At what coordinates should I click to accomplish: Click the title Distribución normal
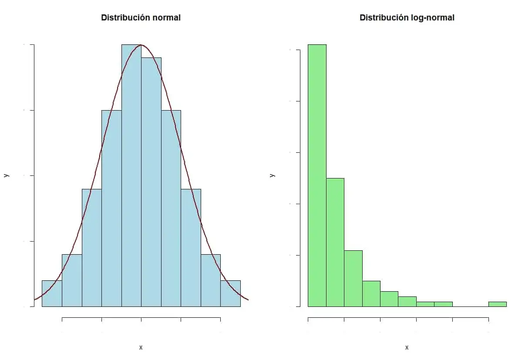(x=141, y=18)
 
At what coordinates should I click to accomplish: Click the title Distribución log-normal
(x=407, y=18)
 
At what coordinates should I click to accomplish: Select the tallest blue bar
(x=131, y=174)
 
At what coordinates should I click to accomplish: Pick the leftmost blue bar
(x=52, y=293)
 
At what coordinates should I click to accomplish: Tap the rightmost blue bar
(x=230, y=293)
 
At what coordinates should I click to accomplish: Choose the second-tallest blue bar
(x=151, y=183)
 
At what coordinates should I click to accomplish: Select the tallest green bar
(x=317, y=174)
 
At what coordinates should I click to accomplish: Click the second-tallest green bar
(x=335, y=242)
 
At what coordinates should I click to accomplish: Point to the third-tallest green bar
(x=353, y=279)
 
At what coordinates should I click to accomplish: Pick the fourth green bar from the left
(x=371, y=294)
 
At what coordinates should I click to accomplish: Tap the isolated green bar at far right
(x=497, y=304)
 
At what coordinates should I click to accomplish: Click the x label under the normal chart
(x=141, y=347)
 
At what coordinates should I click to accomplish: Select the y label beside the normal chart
(x=6, y=175)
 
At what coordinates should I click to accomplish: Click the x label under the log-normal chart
(x=407, y=347)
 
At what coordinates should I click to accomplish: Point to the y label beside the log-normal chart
(x=272, y=175)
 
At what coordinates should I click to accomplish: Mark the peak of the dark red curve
(x=141, y=45)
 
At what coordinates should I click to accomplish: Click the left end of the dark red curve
(x=35, y=299)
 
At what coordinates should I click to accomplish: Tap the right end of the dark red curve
(x=247, y=299)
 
